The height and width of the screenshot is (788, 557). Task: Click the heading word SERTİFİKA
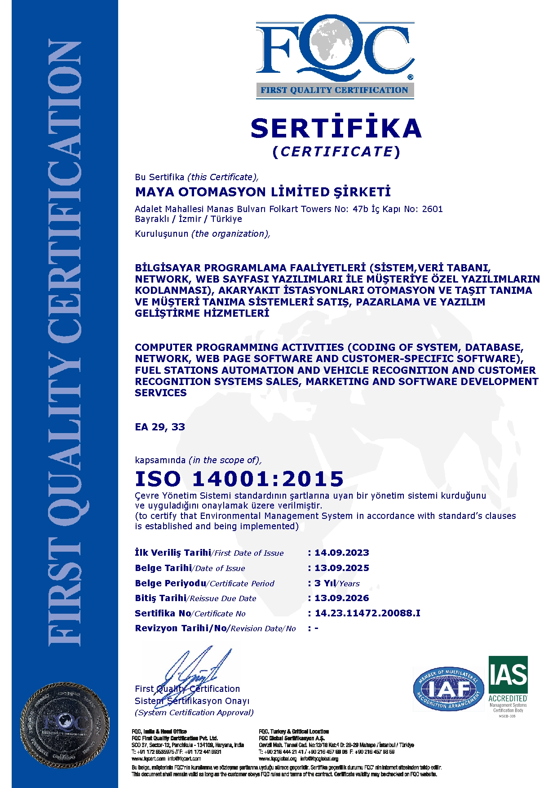coord(336,128)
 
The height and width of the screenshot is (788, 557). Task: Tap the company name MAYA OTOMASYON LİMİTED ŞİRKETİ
coord(263,192)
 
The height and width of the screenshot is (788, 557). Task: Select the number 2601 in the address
coord(432,209)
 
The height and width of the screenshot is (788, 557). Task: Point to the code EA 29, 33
coord(160,427)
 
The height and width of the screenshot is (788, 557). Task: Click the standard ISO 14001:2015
coord(239,479)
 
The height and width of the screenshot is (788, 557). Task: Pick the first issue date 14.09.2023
coord(341,553)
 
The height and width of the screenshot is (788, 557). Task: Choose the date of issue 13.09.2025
coord(341,568)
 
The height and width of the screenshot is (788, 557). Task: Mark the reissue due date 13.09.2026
coord(341,598)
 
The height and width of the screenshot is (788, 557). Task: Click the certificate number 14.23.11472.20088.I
coord(367,613)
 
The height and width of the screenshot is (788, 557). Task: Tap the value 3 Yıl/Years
coord(337,583)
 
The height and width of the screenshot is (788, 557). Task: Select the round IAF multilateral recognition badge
coord(448,689)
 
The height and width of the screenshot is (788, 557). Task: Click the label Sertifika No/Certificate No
coord(190,614)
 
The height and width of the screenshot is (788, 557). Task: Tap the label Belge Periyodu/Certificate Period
coord(204,584)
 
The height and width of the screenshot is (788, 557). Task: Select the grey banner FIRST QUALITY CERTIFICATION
coord(335,90)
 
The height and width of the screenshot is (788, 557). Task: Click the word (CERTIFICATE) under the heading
coord(336,152)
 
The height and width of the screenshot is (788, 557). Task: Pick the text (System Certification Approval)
coord(194,713)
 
